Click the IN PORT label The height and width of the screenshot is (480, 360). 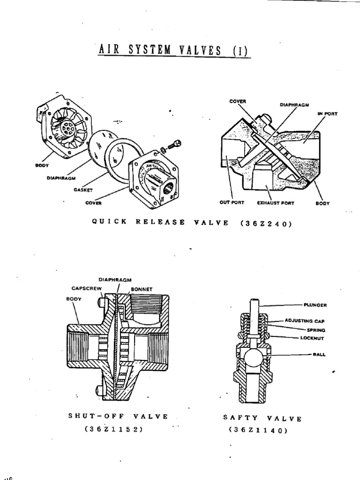(x=329, y=113)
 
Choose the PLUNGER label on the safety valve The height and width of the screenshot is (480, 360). (x=315, y=305)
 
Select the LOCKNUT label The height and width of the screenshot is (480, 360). (x=314, y=337)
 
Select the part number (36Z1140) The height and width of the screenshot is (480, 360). (x=257, y=429)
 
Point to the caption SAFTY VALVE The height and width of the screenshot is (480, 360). (x=262, y=418)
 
